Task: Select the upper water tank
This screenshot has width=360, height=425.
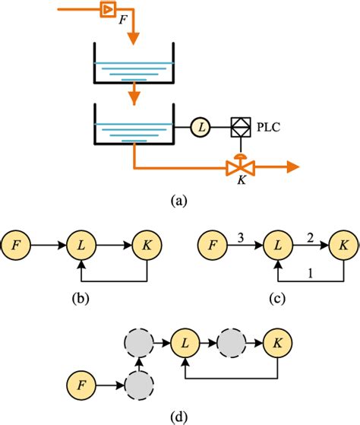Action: [x=133, y=64]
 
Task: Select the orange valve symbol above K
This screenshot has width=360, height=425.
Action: [x=239, y=167]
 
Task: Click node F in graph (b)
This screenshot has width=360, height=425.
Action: [x=16, y=246]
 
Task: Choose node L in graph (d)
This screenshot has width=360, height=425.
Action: [x=183, y=344]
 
